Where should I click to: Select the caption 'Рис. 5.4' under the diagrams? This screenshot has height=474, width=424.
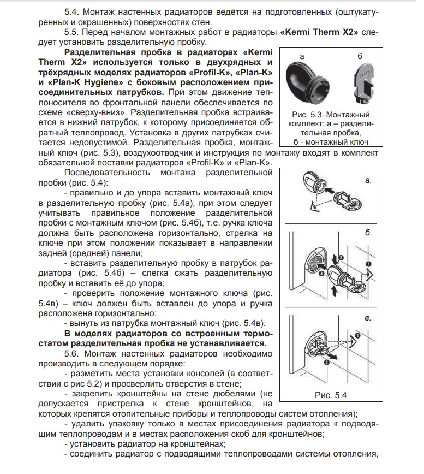click(331, 394)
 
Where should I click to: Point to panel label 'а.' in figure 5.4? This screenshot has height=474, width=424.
click(368, 179)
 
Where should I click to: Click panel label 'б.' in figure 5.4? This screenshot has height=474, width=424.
click(368, 233)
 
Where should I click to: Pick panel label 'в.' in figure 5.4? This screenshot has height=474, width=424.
click(368, 317)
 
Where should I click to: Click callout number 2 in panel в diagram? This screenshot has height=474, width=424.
click(326, 362)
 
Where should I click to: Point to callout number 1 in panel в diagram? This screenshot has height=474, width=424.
click(357, 335)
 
